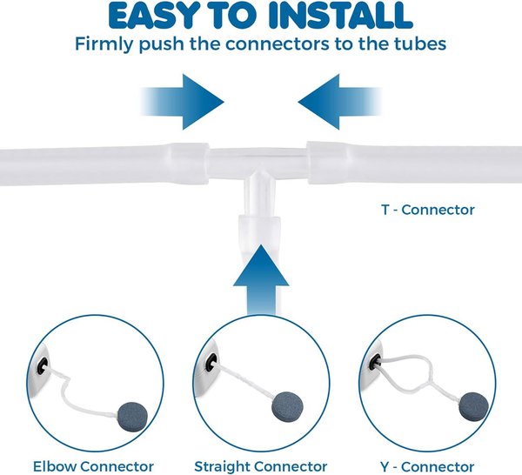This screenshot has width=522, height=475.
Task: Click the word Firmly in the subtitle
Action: [103, 43]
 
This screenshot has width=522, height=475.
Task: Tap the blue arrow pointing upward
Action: [259, 278]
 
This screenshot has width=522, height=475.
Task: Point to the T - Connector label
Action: [429, 210]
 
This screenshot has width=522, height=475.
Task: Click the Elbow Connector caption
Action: [93, 465]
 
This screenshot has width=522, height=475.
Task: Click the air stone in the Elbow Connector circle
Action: [128, 415]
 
